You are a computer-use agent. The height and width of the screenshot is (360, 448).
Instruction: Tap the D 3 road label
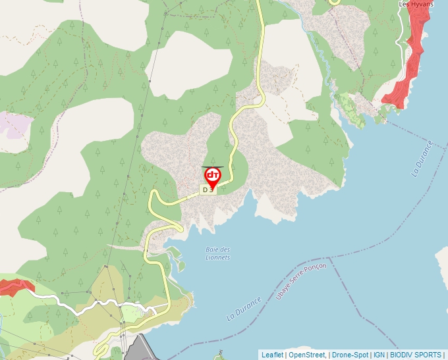[x=208, y=190]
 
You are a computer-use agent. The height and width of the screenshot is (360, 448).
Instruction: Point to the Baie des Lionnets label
[x=218, y=253]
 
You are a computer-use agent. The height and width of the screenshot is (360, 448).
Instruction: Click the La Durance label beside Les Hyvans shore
[x=422, y=159]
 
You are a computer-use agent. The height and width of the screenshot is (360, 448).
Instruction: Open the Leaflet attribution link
[x=272, y=355]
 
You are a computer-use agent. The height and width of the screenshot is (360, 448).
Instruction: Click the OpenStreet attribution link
[x=306, y=355]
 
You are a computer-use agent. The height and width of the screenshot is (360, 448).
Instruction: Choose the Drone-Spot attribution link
[x=350, y=355]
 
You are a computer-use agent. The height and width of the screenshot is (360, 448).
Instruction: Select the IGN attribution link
[x=379, y=355]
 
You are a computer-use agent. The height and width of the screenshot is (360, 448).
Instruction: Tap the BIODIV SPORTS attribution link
[x=415, y=355]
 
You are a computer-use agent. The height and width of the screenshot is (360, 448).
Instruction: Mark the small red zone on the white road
[x=16, y=286]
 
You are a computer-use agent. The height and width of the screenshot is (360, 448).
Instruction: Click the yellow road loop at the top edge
[x=334, y=3]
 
